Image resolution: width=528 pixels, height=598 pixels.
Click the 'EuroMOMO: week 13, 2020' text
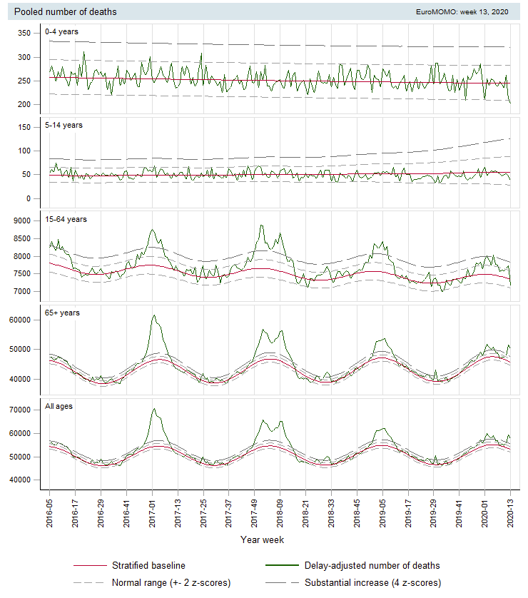pos(462,12)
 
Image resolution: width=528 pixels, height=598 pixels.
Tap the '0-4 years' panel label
pos(61,31)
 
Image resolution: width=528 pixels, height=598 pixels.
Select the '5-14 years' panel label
pos(64,125)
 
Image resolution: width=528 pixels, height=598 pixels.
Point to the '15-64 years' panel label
pos(66,219)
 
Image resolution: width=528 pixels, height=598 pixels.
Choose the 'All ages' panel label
pos(59,406)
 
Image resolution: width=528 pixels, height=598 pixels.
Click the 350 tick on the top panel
pos(24,34)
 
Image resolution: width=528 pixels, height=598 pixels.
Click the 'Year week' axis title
pos(262,540)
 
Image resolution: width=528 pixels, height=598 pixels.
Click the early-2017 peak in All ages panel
pos(153,409)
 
